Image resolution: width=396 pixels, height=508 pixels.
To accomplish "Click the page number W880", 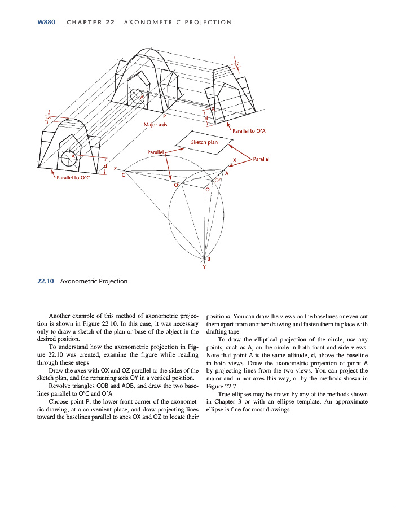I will (x=46, y=22).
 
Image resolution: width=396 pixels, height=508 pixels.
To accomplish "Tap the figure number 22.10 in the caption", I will (x=45, y=281).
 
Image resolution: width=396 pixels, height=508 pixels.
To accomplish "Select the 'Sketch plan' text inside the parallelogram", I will (x=204, y=142).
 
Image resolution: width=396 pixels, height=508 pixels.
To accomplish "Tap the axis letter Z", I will (x=115, y=169).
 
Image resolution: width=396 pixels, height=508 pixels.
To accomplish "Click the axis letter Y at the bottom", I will (x=204, y=267).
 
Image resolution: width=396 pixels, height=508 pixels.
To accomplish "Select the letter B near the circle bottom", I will (x=209, y=259).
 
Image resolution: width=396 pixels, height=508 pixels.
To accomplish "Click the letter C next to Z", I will (x=124, y=175).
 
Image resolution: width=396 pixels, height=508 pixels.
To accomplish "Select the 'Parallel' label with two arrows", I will (x=261, y=159).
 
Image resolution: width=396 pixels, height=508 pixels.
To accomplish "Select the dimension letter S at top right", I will (x=238, y=66).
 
